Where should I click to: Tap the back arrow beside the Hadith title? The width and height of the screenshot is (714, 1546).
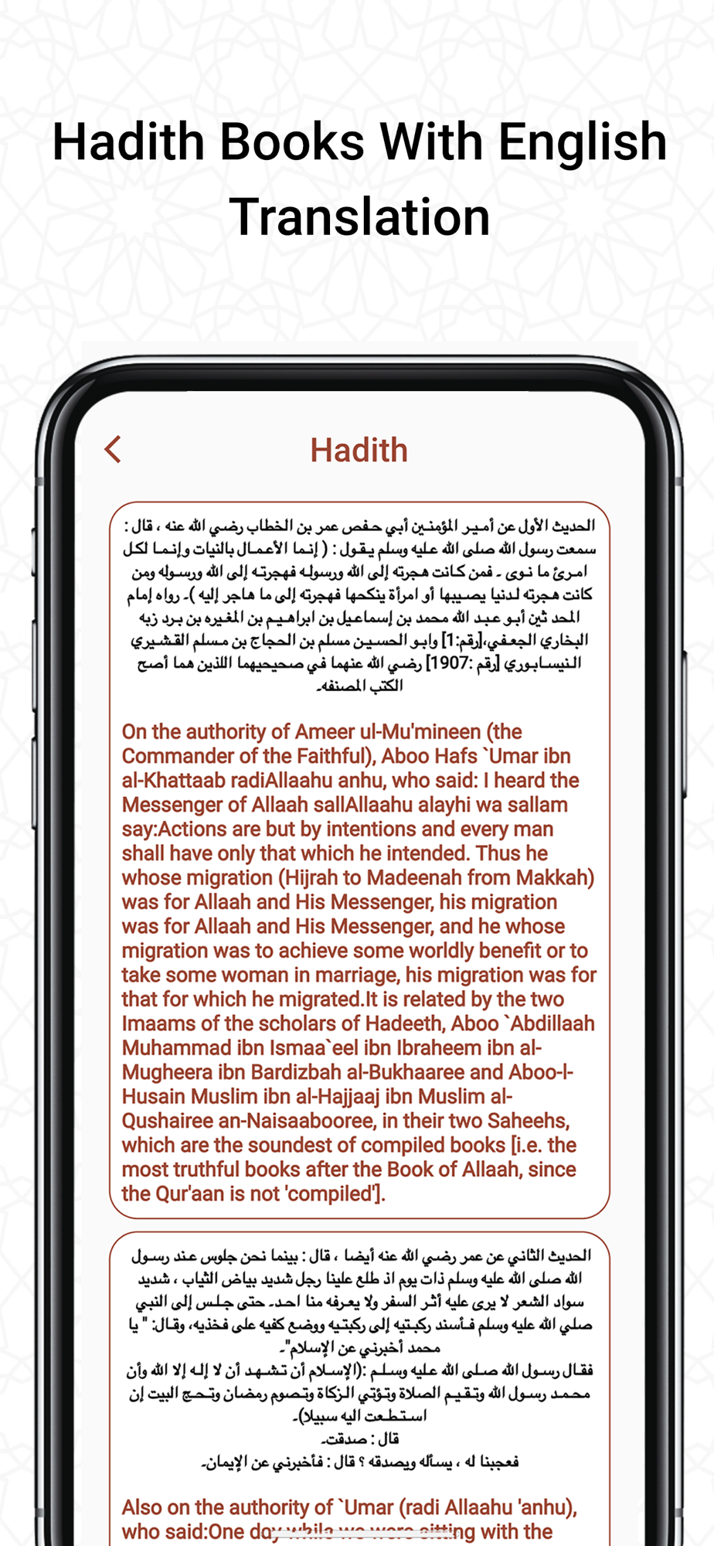[x=114, y=449]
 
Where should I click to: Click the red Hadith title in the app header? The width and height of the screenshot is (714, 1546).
[x=359, y=450]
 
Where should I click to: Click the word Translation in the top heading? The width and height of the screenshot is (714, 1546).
[x=359, y=216]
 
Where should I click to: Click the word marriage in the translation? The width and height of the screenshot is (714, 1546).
[x=353, y=975]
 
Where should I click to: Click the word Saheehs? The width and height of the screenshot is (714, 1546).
[x=526, y=1121]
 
